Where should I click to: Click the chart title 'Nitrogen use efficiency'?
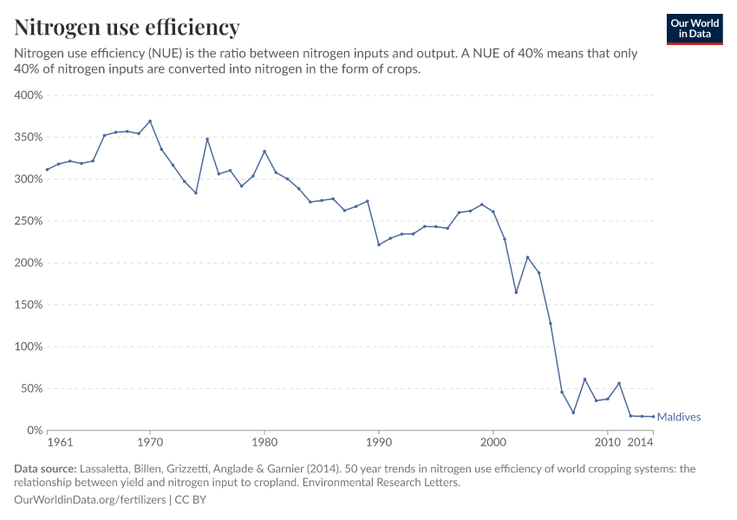[x=127, y=28]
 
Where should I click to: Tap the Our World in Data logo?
[x=695, y=29]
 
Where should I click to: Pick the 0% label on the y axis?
[x=35, y=430]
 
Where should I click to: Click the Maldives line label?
[x=679, y=417]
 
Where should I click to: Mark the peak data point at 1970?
[x=150, y=121]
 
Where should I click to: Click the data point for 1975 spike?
[x=207, y=139]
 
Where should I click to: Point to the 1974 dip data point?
[x=196, y=192]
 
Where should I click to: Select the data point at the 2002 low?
[x=516, y=292]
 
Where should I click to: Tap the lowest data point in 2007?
[x=573, y=413]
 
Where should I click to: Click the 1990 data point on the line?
[x=379, y=244]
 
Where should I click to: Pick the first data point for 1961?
[x=47, y=170]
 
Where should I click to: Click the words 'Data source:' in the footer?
[x=45, y=469]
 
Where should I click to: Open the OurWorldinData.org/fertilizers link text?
[x=91, y=500]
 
